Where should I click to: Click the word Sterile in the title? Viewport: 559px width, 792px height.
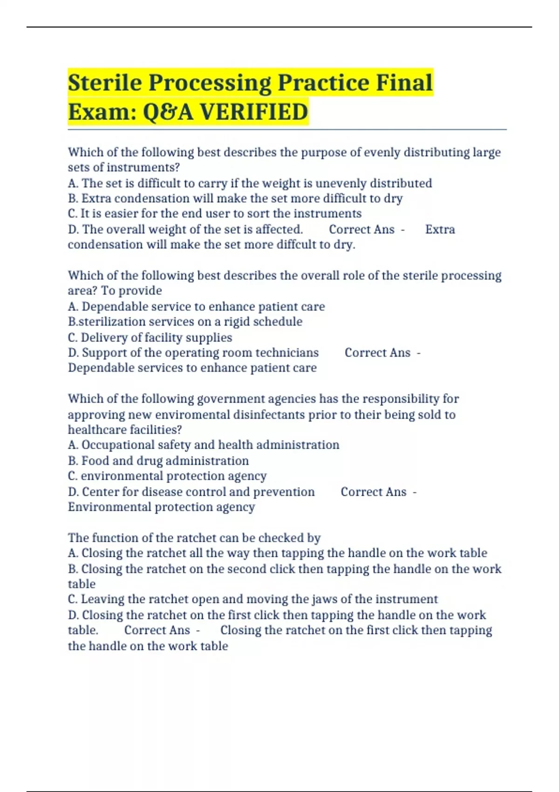click(x=105, y=82)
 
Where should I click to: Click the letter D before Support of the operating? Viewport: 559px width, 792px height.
click(x=73, y=353)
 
